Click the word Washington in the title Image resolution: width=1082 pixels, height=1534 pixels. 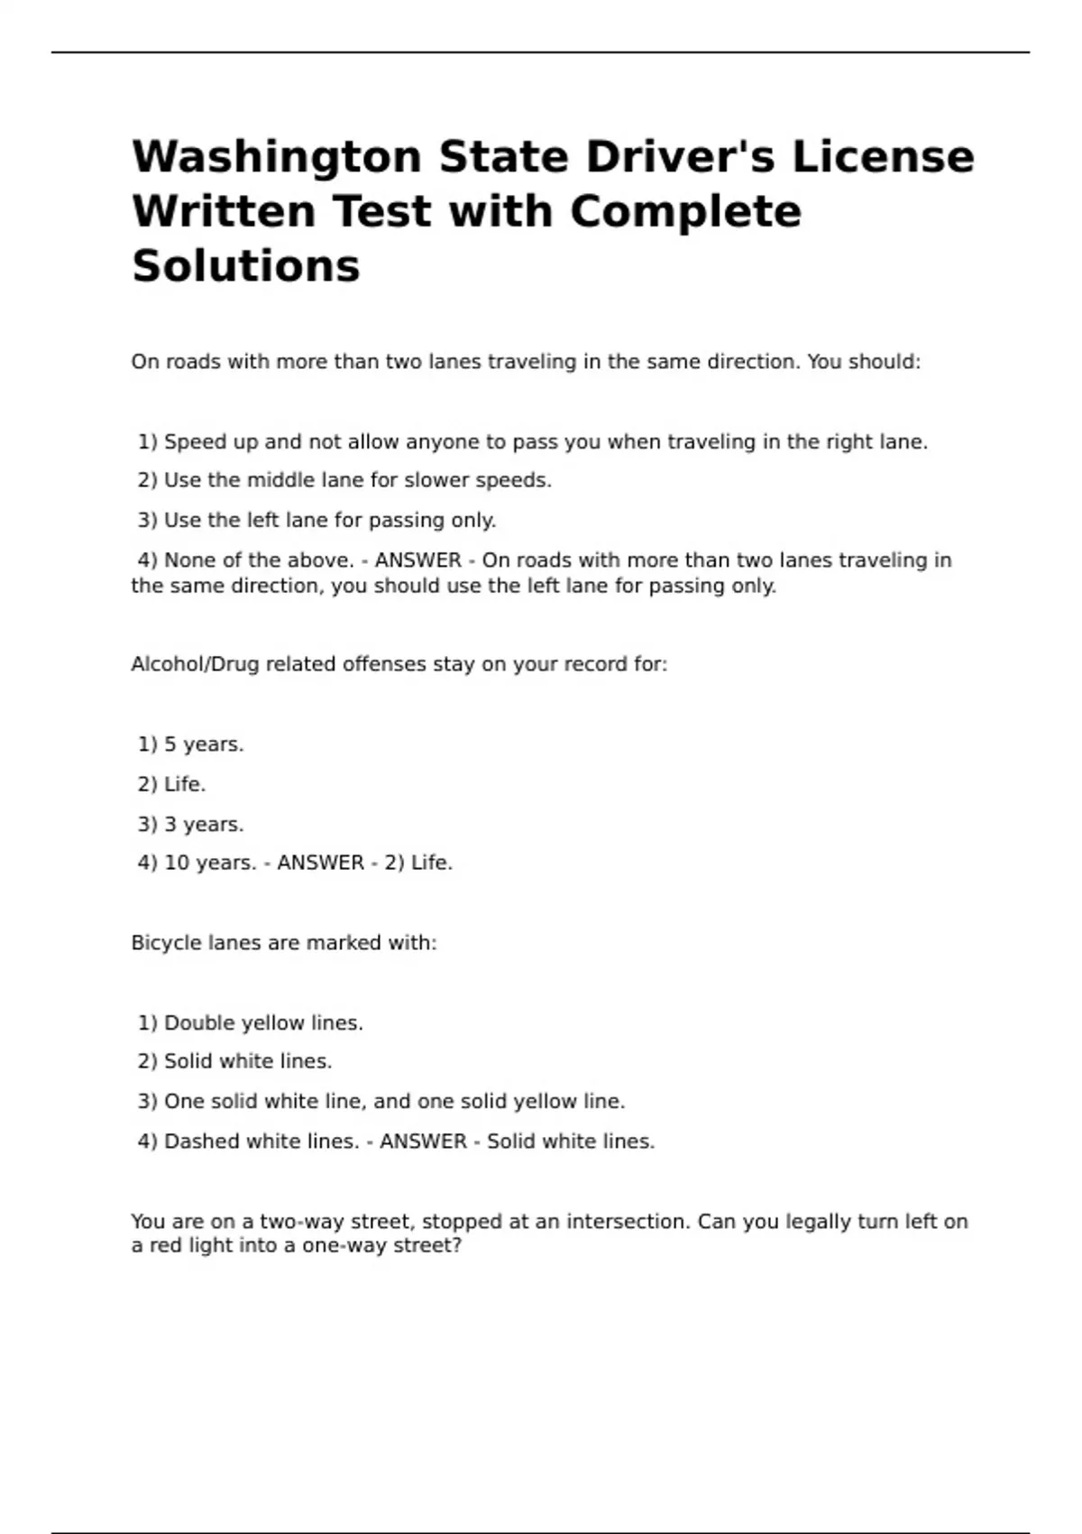pyautogui.click(x=276, y=158)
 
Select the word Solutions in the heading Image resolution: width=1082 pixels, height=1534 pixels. pyautogui.click(x=245, y=267)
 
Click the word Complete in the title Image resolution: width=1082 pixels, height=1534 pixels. pyautogui.click(x=685, y=212)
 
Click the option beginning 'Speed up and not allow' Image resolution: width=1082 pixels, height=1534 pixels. pyautogui.click(x=533, y=442)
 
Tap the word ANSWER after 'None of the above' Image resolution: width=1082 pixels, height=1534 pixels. pyautogui.click(x=417, y=560)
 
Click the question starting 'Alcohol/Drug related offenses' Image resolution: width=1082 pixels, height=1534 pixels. pyautogui.click(x=399, y=665)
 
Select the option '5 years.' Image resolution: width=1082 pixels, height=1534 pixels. pyautogui.click(x=191, y=745)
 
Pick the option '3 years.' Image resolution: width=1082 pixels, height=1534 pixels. pyautogui.click(x=191, y=825)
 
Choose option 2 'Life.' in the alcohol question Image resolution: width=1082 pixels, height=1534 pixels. pyautogui.click(x=172, y=785)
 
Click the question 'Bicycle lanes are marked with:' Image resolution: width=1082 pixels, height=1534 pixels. pyautogui.click(x=283, y=943)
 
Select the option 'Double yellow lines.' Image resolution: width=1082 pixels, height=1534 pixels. pyautogui.click(x=251, y=1023)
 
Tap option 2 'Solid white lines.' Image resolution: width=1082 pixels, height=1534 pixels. pyautogui.click(x=235, y=1062)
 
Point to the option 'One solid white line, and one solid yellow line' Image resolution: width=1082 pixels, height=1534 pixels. pyautogui.click(x=381, y=1102)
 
